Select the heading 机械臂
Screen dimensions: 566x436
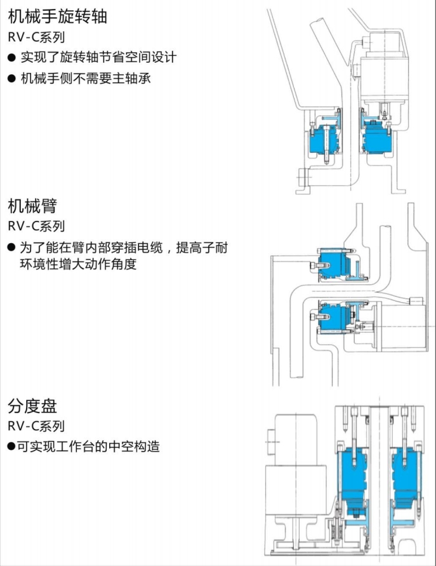33,206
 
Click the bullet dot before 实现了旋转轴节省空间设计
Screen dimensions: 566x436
11,58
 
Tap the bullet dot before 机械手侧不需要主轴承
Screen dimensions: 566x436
11,79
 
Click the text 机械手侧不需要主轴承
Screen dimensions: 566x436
86,79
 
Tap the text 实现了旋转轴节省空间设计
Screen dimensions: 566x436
98,58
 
